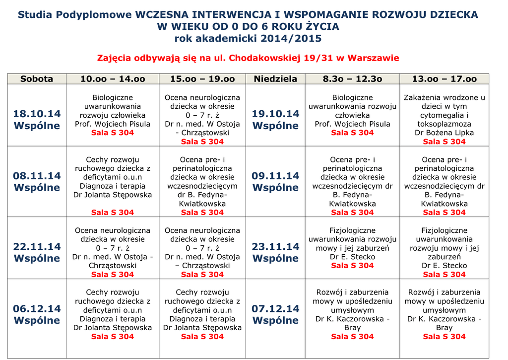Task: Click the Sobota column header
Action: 37,79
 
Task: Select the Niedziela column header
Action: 275,79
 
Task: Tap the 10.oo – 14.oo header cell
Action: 113,79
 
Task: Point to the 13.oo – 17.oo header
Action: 444,79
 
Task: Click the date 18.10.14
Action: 37,114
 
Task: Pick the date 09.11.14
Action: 275,176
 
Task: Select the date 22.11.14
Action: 37,247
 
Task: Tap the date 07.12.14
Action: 275,309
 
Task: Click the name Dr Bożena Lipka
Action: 444,133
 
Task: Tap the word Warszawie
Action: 373,58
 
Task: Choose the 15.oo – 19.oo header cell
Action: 202,79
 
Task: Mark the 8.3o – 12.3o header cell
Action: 352,79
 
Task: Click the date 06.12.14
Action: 37,309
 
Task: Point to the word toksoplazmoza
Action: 444,124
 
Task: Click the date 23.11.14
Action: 275,247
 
